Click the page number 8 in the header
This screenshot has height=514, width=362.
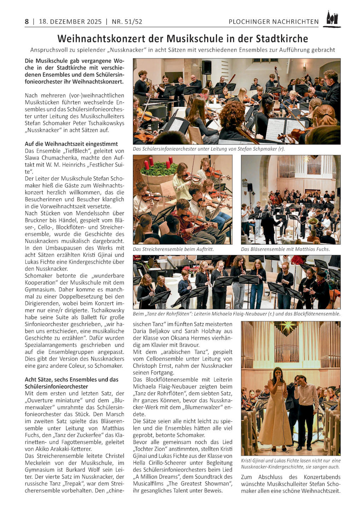coord(27,22)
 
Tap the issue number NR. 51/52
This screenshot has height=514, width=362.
coord(127,22)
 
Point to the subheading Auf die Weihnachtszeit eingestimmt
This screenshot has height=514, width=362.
coord(71,144)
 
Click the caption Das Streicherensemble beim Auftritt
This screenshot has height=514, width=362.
coord(173,249)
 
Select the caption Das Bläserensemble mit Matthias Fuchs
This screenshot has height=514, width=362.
coord(285,249)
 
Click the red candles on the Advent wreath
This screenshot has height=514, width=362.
coord(157,164)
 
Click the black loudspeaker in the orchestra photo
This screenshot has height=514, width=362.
coord(206,67)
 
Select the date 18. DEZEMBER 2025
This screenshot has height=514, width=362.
coord(70,22)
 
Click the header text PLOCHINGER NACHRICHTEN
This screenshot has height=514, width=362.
coord(273,22)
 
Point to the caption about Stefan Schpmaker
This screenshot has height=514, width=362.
coord(209,149)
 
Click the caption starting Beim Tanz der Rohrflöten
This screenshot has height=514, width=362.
coord(237,314)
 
